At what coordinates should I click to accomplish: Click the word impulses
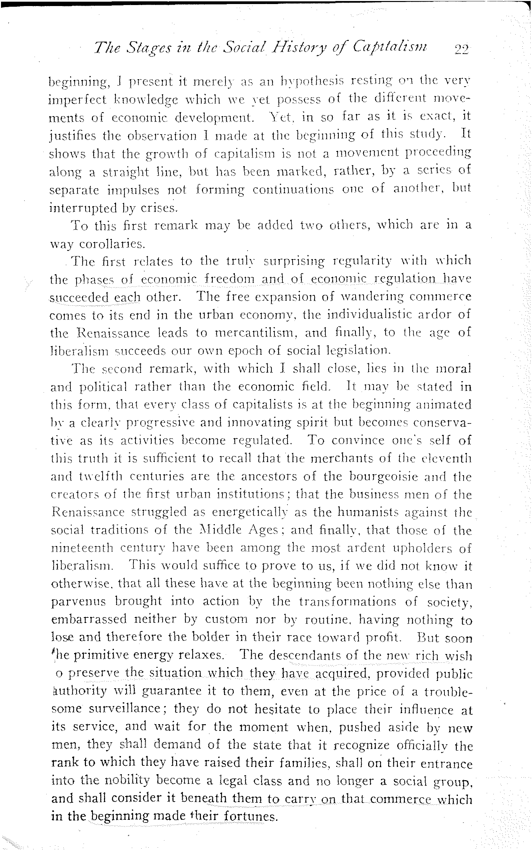click(x=133, y=190)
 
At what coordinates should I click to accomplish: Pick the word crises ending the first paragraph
click(x=158, y=208)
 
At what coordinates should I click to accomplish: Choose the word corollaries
click(x=112, y=244)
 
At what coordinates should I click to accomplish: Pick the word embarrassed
click(x=89, y=619)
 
